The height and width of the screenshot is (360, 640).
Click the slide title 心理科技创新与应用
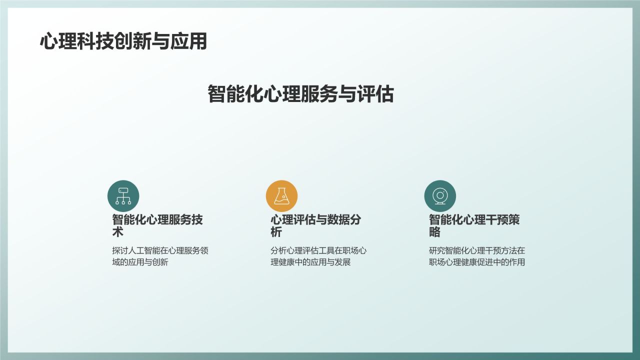[x=123, y=41]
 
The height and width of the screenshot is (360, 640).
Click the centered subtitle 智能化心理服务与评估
[x=300, y=94]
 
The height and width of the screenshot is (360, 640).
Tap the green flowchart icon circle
[x=123, y=195]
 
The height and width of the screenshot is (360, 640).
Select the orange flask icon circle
[x=281, y=195]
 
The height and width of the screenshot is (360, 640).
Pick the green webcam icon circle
[x=440, y=195]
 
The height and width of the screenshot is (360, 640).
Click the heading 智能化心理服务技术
[x=157, y=225]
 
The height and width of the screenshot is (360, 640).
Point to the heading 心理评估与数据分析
[x=315, y=225]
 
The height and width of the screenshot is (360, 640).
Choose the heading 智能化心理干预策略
[x=474, y=225]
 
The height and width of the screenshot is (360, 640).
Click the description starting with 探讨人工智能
[x=160, y=256]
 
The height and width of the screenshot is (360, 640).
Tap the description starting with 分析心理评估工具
[x=318, y=256]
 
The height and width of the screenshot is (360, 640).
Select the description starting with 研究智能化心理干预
[x=477, y=256]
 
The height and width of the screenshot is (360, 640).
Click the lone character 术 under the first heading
[x=117, y=232]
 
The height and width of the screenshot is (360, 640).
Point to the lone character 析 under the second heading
[x=276, y=232]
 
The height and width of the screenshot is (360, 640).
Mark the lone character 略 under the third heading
[x=434, y=232]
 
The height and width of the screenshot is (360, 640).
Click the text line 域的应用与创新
[x=140, y=262]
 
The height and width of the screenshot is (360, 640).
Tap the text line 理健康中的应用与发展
[x=310, y=262]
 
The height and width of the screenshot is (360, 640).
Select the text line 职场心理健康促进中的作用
[x=477, y=262]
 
